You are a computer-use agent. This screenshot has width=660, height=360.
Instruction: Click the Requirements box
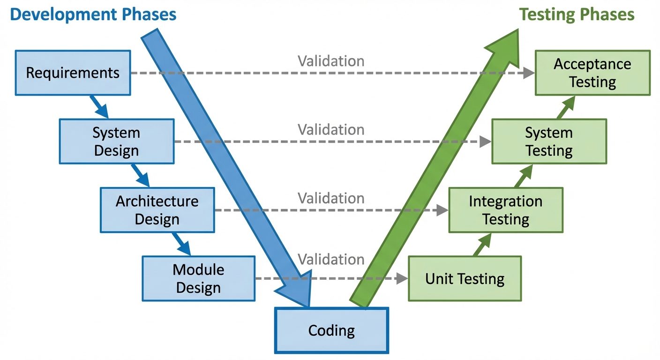(x=73, y=73)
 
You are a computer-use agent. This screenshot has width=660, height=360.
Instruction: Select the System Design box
(x=116, y=142)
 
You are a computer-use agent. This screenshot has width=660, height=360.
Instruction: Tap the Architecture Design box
(x=157, y=210)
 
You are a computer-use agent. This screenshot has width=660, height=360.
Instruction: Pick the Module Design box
(x=198, y=278)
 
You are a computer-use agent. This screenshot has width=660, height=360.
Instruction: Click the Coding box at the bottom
(x=331, y=330)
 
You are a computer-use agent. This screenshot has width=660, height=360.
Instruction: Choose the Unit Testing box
(x=465, y=278)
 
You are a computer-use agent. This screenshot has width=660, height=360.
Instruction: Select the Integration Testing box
(x=506, y=210)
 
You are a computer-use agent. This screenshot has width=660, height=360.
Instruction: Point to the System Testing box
(x=549, y=142)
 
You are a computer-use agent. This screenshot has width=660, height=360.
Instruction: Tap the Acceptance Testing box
(x=592, y=73)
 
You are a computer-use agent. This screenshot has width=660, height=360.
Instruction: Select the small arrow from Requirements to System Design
(x=99, y=107)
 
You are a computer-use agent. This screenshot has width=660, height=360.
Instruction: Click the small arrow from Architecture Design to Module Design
(x=181, y=244)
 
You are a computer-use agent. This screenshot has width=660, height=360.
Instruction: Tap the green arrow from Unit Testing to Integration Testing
(x=482, y=244)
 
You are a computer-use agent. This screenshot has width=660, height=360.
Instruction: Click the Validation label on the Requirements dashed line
(x=331, y=61)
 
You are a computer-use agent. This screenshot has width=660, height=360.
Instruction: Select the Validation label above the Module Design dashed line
(x=331, y=259)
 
